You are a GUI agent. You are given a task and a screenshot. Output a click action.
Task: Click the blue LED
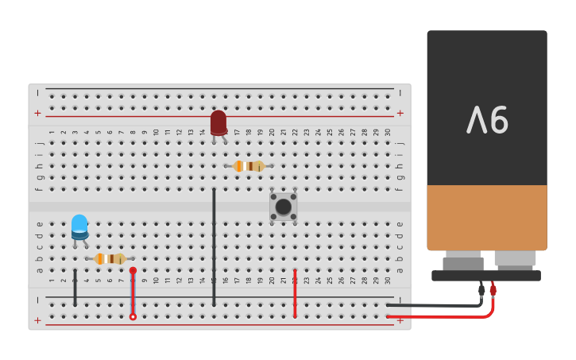79,226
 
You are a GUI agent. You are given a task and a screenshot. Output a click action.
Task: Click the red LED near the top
218,122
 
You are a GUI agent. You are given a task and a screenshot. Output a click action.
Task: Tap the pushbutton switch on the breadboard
283,207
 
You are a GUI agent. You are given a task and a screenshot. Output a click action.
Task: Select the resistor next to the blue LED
110,258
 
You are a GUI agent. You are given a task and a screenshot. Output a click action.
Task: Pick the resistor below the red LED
249,166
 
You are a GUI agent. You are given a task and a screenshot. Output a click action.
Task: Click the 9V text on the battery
487,120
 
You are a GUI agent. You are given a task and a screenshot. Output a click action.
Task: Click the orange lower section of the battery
486,217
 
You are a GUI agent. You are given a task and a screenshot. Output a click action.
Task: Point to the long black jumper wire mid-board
214,246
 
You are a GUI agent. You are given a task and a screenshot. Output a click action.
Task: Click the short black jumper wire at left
75,288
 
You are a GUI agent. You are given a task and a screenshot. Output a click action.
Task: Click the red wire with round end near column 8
133,294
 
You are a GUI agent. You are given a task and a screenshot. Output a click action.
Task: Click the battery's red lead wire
445,316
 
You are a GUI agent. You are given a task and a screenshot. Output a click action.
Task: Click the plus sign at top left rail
37,113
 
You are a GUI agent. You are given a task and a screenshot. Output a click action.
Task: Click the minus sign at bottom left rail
37,300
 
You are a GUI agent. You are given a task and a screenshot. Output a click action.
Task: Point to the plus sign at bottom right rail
400,319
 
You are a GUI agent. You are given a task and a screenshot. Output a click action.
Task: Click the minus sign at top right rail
400,93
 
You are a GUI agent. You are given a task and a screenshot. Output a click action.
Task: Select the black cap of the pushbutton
283,207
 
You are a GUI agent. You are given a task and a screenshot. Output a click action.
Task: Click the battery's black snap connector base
486,276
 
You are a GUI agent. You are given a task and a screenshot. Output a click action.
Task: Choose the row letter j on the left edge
39,143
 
